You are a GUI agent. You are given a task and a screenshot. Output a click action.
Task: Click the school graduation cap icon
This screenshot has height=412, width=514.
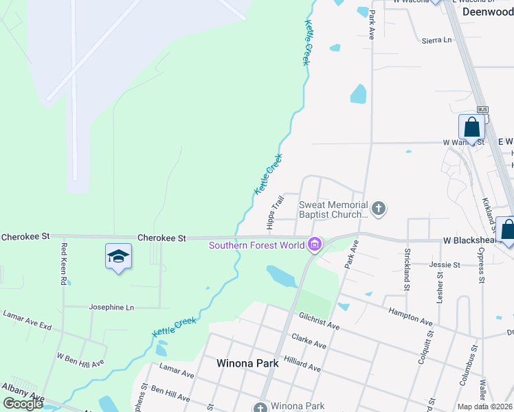(x=118, y=256)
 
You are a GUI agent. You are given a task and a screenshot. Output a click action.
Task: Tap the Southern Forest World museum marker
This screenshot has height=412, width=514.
(x=315, y=244)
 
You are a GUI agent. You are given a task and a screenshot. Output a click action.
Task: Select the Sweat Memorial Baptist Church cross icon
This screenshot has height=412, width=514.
(x=377, y=207)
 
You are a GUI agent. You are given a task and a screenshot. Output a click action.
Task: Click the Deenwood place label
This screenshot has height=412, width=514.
(x=488, y=12)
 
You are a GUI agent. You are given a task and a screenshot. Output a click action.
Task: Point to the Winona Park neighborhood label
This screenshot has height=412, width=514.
(x=247, y=363)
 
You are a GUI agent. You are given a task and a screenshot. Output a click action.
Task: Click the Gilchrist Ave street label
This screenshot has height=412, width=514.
(x=319, y=319)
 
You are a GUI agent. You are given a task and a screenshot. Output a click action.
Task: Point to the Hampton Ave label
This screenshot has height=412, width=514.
(x=410, y=321)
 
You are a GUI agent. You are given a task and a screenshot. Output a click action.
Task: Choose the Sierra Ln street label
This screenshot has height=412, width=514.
(x=438, y=40)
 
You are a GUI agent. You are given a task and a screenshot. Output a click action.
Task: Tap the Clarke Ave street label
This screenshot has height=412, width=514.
(x=309, y=341)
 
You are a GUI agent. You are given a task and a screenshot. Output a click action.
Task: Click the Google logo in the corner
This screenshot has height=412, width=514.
(x=23, y=404)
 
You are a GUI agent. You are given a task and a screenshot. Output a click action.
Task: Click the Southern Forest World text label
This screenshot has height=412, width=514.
(x=257, y=245)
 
